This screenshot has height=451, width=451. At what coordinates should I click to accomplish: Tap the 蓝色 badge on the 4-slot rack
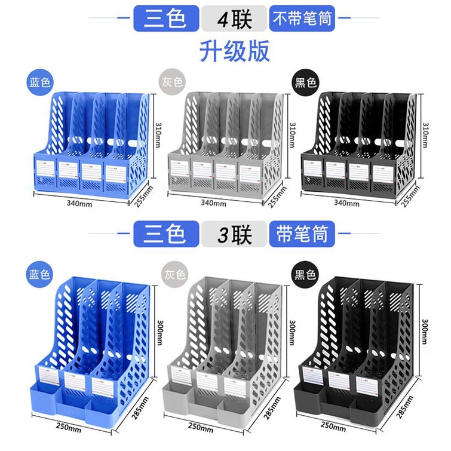(40, 82)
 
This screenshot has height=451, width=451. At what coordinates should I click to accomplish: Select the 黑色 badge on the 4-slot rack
(305, 82)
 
